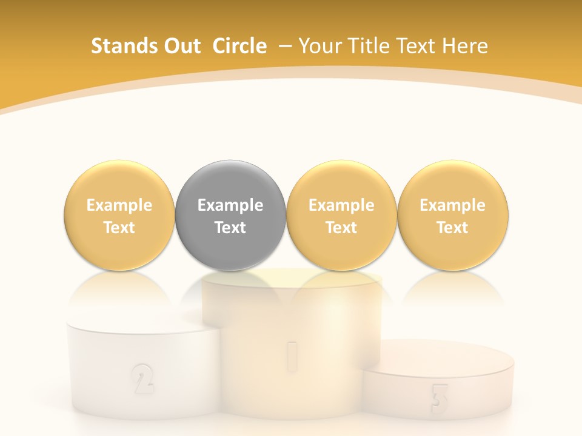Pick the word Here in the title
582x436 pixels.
[465, 46]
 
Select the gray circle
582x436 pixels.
[230, 216]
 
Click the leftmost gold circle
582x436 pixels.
[119, 216]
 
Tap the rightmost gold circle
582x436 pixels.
[452, 216]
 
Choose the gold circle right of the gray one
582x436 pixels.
[341, 216]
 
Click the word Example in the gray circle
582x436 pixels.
[230, 205]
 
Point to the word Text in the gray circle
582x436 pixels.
[230, 228]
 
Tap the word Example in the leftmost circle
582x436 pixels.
[119, 205]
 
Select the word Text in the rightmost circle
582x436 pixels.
[452, 228]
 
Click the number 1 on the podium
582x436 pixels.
[292, 355]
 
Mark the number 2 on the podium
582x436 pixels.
[142, 378]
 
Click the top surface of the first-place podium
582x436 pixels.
[292, 280]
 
